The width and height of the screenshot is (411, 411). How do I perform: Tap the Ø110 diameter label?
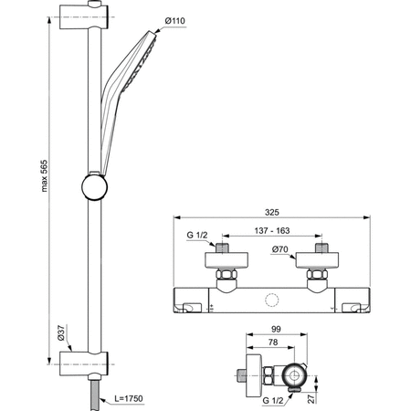[175, 21]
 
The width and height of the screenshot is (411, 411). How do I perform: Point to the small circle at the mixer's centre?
[272, 299]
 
